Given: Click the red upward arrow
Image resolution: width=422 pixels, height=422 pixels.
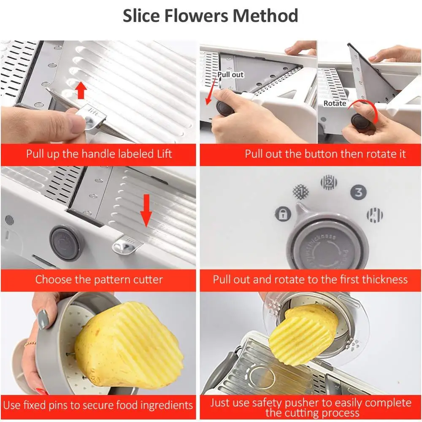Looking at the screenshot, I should pos(81,90).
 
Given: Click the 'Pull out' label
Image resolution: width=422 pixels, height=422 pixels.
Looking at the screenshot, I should pos(230,75).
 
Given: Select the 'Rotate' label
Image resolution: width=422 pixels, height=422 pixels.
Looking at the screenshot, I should pos(335,103).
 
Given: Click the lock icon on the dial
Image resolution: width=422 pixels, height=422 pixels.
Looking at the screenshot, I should pos(283,214).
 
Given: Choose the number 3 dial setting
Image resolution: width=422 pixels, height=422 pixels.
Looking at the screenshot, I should pos(358,192).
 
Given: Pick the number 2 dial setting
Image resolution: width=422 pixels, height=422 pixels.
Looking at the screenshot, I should pos(329,182).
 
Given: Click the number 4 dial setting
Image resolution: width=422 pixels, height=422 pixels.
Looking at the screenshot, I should pos(374,215).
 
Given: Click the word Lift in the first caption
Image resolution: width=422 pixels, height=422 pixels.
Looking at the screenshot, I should pos(163,154).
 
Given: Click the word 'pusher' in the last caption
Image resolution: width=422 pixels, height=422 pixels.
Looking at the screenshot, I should pos(300,403).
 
